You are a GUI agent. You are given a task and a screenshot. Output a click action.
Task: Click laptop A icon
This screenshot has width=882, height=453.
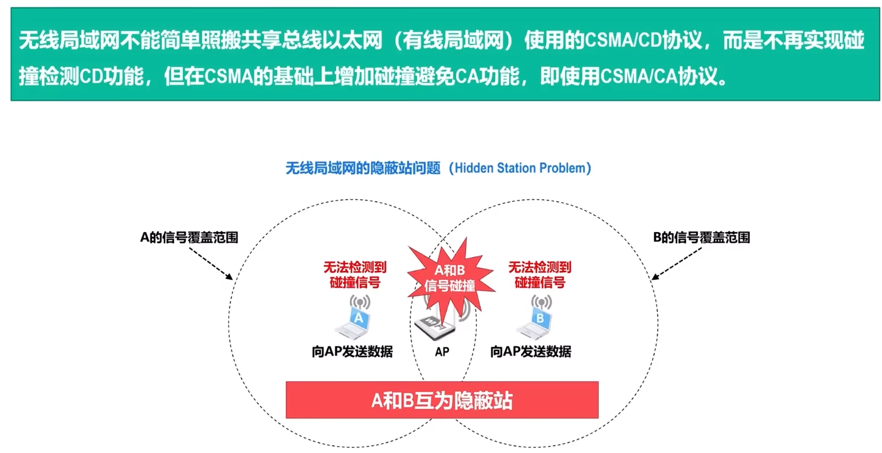pos(354,323)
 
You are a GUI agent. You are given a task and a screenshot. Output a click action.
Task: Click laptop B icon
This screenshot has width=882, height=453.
pos(536,324)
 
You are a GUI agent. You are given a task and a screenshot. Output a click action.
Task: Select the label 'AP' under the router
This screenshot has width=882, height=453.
pos(442,352)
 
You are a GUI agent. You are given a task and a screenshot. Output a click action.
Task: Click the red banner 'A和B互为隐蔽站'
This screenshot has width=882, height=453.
pos(442,400)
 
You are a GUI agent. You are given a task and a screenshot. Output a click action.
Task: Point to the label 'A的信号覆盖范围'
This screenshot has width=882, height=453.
pos(189,238)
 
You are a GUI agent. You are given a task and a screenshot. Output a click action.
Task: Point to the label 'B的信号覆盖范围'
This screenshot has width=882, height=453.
pos(701,238)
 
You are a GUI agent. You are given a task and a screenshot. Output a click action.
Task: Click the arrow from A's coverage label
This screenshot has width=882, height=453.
pos(211,264)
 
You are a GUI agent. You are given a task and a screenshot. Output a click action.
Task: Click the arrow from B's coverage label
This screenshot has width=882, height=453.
pos(676,264)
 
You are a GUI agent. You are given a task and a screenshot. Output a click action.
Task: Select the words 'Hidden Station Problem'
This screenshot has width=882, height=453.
pos(520,168)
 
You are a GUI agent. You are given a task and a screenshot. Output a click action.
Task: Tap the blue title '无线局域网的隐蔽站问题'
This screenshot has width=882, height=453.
pos(363,168)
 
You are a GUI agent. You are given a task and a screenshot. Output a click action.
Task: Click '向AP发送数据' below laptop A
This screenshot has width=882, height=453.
pos(352,352)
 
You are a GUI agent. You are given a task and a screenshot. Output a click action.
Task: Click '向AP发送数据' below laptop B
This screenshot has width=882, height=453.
pos(530,352)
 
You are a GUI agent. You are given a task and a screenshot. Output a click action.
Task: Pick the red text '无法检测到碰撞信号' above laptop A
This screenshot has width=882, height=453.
pos(355,275)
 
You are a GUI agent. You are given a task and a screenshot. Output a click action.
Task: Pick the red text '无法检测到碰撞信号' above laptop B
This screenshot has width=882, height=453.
pos(539,275)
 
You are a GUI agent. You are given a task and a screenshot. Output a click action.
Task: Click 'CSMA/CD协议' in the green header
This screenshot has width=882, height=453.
pos(642,41)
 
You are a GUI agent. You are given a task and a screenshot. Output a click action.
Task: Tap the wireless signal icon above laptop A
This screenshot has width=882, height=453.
pos(360,302)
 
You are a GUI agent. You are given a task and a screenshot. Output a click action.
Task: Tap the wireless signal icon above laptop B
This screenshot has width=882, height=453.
pos(541,302)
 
